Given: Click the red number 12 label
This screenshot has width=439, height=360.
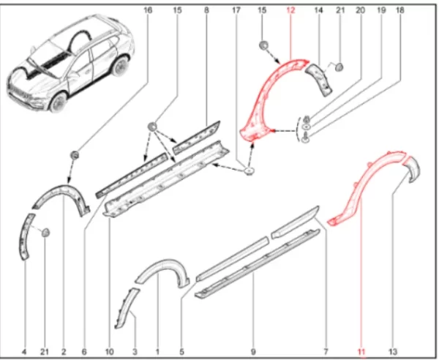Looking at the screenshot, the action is [291, 10].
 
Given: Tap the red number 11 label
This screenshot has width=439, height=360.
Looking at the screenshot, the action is [361, 352].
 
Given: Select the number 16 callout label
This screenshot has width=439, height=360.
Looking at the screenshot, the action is [148, 10].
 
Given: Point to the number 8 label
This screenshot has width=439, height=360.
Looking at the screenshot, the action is [206, 10].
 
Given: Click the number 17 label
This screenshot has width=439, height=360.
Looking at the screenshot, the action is [236, 10].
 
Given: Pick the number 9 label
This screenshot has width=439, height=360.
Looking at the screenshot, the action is [253, 352].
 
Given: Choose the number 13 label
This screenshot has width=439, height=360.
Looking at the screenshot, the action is [393, 352].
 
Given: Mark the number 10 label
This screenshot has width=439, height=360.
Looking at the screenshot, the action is [110, 352].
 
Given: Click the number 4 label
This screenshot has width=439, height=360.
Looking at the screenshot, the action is [25, 352].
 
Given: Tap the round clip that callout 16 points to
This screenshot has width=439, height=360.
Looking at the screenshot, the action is [75, 155].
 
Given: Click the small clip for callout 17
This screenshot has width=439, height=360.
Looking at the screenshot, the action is [249, 170].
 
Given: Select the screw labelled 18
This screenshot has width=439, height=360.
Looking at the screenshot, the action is [306, 138].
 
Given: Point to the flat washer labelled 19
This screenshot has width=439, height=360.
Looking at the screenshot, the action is [307, 127].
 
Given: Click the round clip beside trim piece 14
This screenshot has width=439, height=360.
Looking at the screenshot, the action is [339, 67].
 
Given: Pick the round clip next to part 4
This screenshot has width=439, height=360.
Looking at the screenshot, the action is [45, 233].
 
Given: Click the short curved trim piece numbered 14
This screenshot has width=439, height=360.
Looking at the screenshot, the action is [319, 80].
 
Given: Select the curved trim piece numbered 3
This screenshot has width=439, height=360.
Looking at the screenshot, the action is [126, 307].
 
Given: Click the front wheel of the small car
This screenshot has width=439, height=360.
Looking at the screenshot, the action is [59, 102].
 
